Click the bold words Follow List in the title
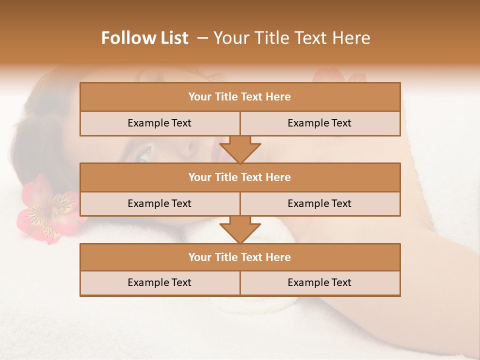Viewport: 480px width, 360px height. click(145, 38)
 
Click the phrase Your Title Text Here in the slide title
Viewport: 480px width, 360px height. click(292, 38)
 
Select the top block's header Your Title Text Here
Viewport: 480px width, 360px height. click(239, 97)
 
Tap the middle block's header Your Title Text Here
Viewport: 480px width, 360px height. click(239, 177)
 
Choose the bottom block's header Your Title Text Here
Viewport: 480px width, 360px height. click(239, 257)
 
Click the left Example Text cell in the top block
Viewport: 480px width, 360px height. click(159, 123)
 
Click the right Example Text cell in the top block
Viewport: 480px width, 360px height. click(319, 123)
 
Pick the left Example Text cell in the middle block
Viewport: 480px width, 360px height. click(159, 203)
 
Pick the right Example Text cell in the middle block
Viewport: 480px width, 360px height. click(319, 203)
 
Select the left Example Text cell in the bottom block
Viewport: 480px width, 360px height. click(159, 282)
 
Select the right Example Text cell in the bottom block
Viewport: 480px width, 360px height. click(319, 282)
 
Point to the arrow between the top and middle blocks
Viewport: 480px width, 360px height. click(240, 149)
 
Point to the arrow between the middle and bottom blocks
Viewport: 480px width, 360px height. click(240, 229)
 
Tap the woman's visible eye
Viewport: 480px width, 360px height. click(143, 153)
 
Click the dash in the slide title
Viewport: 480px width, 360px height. click(202, 38)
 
